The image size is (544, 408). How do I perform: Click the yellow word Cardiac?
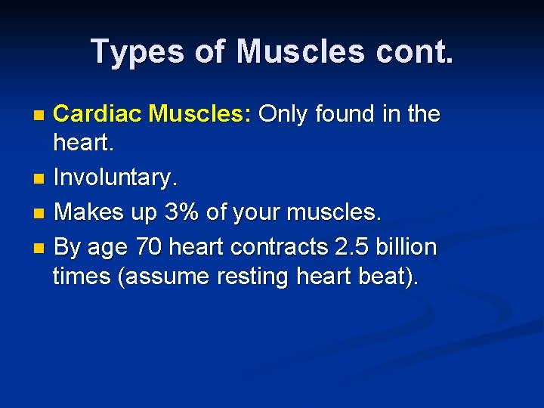pos(98,114)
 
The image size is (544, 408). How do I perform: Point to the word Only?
pos(284,114)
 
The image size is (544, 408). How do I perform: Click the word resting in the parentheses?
pos(251,277)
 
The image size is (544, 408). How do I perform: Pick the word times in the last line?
pos(82,277)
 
